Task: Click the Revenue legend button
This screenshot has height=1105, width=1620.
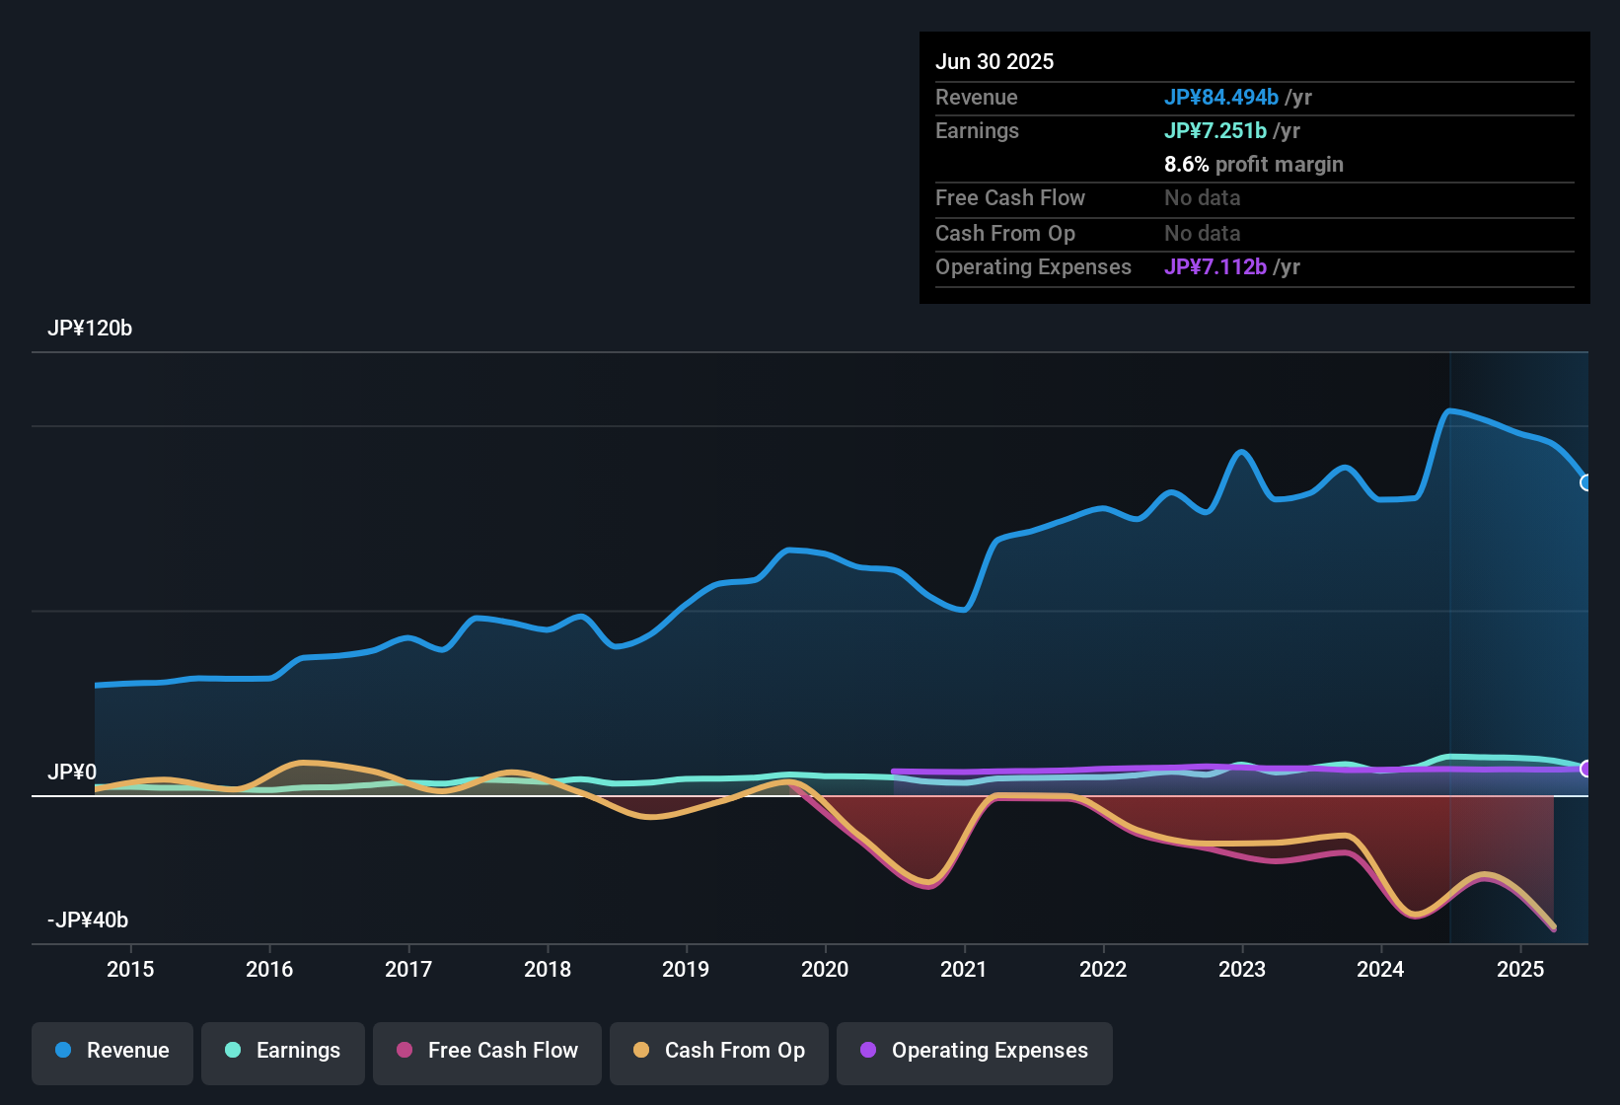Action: tap(112, 1051)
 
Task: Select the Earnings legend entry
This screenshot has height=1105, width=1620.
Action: tap(283, 1051)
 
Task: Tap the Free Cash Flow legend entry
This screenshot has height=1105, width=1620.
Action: tap(487, 1051)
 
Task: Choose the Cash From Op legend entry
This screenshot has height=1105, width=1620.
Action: tap(719, 1051)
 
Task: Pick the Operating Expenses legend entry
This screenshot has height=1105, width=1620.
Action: tap(975, 1051)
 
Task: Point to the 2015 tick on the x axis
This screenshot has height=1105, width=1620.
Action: tap(130, 969)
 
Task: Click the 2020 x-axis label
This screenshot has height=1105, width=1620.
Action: tap(825, 969)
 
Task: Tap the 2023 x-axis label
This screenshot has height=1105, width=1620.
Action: tap(1242, 969)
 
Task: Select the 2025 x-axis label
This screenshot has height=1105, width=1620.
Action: tap(1520, 969)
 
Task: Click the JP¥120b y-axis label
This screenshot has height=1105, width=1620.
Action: tap(90, 329)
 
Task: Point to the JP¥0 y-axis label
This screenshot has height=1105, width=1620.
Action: tap(72, 772)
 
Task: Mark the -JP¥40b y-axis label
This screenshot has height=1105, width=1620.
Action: tap(88, 921)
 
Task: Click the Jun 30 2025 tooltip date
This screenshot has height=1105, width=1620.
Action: tap(994, 61)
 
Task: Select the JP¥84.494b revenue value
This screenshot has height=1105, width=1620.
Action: tap(1221, 97)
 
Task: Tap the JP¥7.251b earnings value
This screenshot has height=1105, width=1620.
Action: tap(1215, 130)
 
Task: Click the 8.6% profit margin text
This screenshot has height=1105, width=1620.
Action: tap(1254, 165)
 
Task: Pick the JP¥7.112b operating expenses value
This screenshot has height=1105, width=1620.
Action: tap(1215, 266)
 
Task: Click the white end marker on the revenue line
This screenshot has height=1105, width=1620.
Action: tap(1586, 482)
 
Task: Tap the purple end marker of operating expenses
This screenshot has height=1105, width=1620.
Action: tap(1586, 769)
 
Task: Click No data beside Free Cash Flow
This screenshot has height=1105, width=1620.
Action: tap(1203, 198)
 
